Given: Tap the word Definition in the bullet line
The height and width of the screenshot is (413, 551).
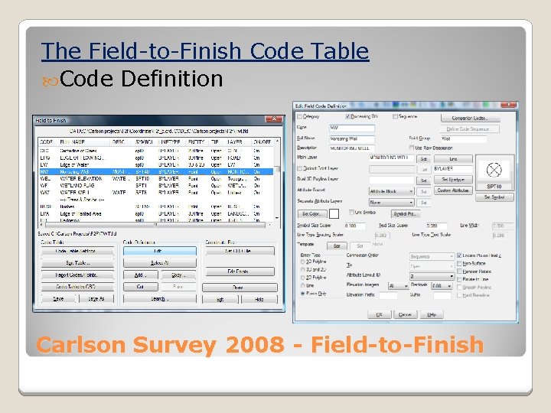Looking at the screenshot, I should pyautogui.click(x=171, y=79).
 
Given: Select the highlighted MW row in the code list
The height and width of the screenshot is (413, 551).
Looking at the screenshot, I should pyautogui.click(x=153, y=171).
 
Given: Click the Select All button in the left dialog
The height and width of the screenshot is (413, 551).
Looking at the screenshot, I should pyautogui.click(x=158, y=262).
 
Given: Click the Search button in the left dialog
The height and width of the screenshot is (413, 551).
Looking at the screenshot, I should pyautogui.click(x=158, y=299).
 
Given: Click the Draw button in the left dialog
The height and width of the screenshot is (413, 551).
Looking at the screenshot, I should pyautogui.click(x=238, y=287).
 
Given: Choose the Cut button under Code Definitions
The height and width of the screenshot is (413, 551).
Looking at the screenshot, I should pyautogui.click(x=140, y=287).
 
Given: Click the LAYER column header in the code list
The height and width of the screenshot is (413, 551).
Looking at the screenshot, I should pyautogui.click(x=236, y=142).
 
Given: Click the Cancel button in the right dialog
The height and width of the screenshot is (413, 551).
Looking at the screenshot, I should pyautogui.click(x=405, y=314).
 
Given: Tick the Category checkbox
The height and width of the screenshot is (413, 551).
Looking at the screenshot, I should pyautogui.click(x=299, y=117).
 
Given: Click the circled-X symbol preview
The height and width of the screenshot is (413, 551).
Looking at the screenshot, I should pyautogui.click(x=494, y=170).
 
